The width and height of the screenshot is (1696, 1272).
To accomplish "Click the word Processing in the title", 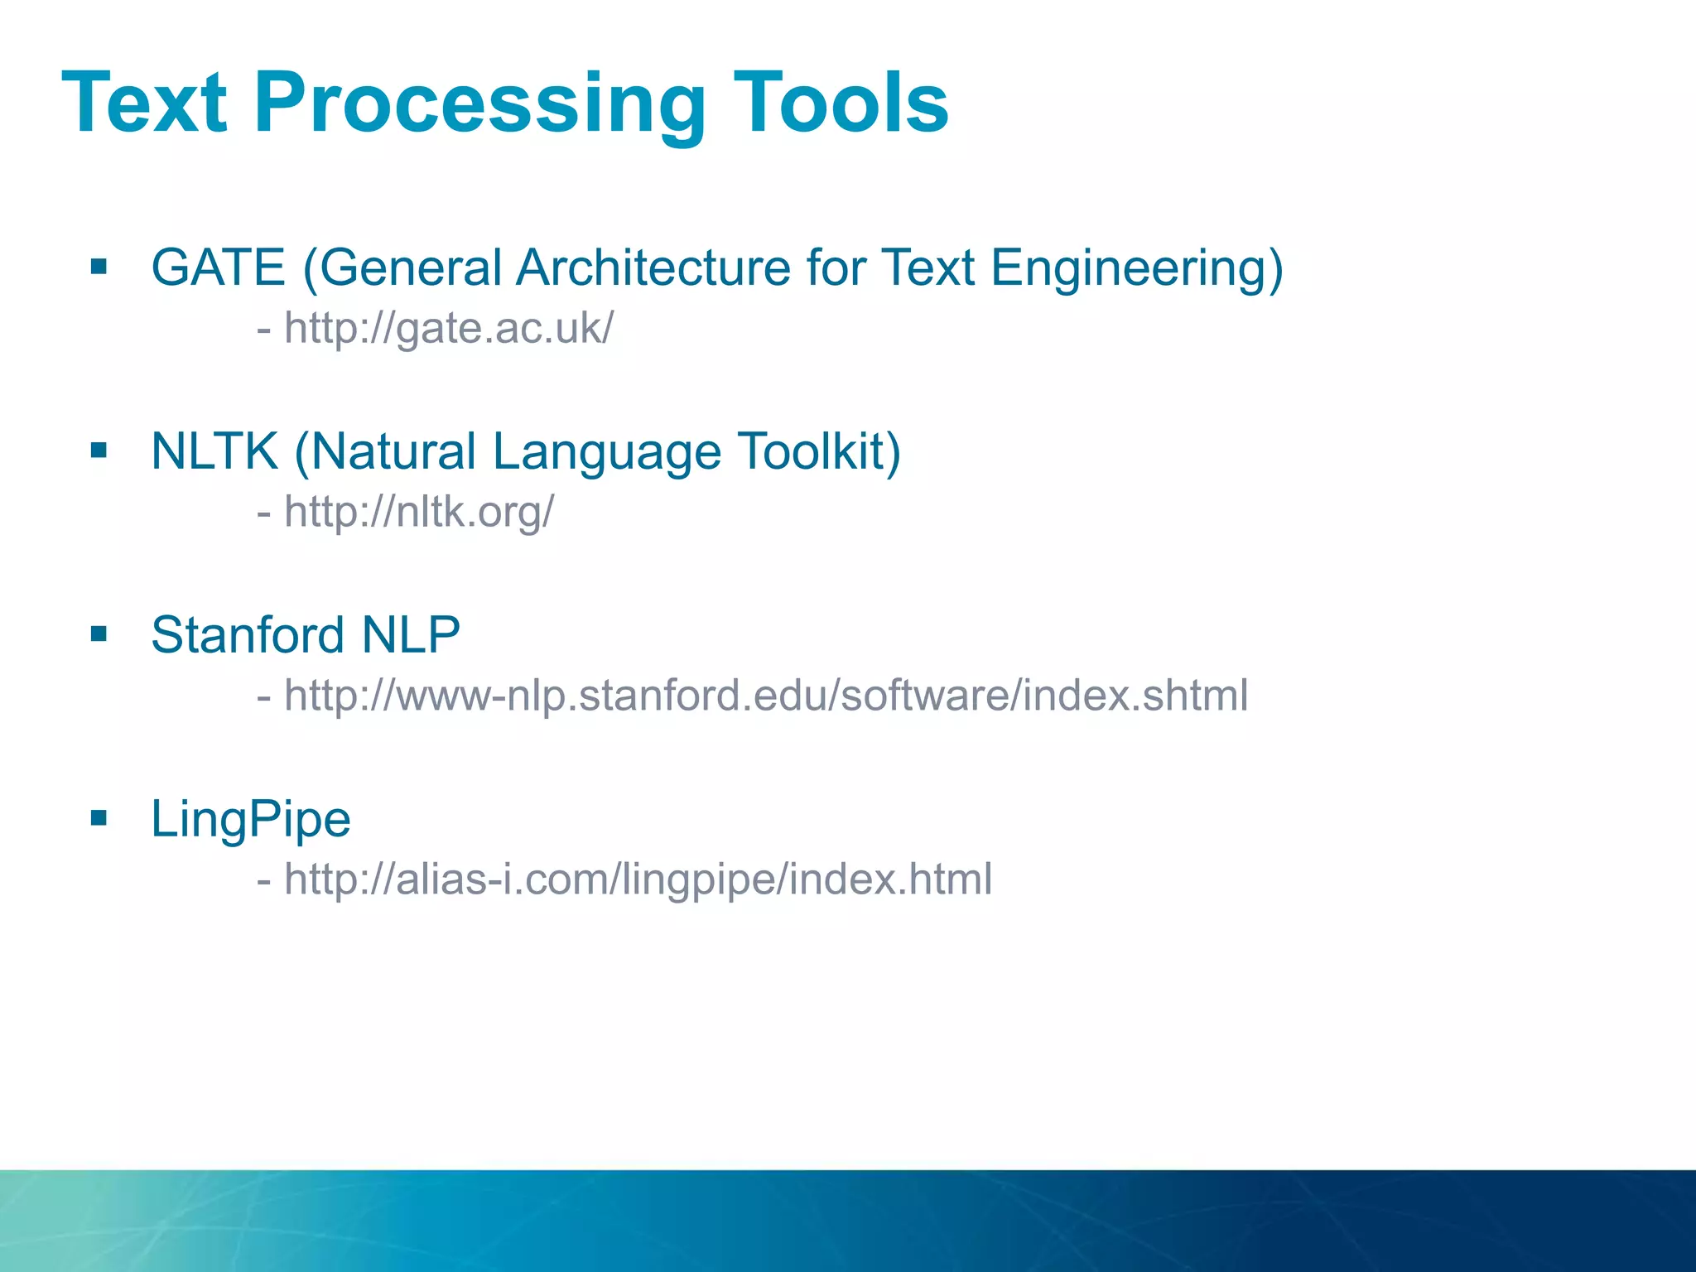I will [480, 104].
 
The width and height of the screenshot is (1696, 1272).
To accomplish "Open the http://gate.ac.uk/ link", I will [448, 329].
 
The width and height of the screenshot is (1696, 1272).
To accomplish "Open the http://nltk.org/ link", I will [418, 512].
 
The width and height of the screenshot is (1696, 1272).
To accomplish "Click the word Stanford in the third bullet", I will [247, 635].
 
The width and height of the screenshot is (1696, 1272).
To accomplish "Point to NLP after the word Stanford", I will [411, 635].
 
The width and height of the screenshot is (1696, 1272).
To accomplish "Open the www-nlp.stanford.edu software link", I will [765, 696].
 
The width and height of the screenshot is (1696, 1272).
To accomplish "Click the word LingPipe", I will [250, 820].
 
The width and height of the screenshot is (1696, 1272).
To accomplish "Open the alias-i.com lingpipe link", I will [638, 879].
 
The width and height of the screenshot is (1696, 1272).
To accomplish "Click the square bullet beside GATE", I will [99, 267].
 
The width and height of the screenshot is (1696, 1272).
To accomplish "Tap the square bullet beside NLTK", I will [99, 450].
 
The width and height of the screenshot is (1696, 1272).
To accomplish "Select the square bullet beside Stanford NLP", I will [99, 634].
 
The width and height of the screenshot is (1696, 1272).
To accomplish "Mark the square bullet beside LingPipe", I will [99, 818].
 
